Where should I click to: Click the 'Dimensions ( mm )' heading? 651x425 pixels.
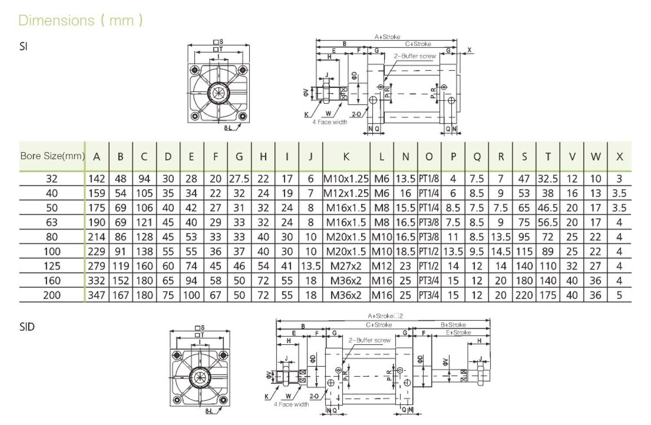point(80,20)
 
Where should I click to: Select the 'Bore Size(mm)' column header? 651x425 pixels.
point(53,156)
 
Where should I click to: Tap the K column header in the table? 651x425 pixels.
point(346,157)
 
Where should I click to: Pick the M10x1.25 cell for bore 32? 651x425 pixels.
point(346,178)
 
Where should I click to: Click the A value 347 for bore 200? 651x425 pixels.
point(96,295)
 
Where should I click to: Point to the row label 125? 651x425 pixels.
point(52,266)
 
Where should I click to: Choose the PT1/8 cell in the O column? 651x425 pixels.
point(429,178)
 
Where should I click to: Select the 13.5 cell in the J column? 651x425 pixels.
point(311,266)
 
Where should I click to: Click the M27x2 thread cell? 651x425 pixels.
point(346,266)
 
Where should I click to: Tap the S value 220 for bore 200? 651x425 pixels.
point(524,295)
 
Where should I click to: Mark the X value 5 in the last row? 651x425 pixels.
point(619,295)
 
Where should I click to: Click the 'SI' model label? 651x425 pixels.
point(23,46)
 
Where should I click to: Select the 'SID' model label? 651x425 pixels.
point(27,327)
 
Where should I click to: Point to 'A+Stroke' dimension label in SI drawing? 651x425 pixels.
point(387,37)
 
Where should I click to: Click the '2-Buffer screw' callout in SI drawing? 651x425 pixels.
point(415,56)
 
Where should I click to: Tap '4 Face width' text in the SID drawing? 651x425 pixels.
point(291,404)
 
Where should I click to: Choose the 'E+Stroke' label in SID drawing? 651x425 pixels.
point(458,333)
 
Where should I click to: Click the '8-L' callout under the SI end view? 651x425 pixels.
point(228,128)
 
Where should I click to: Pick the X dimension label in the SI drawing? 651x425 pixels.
point(469,50)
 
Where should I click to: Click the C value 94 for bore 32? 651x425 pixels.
point(144,178)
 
